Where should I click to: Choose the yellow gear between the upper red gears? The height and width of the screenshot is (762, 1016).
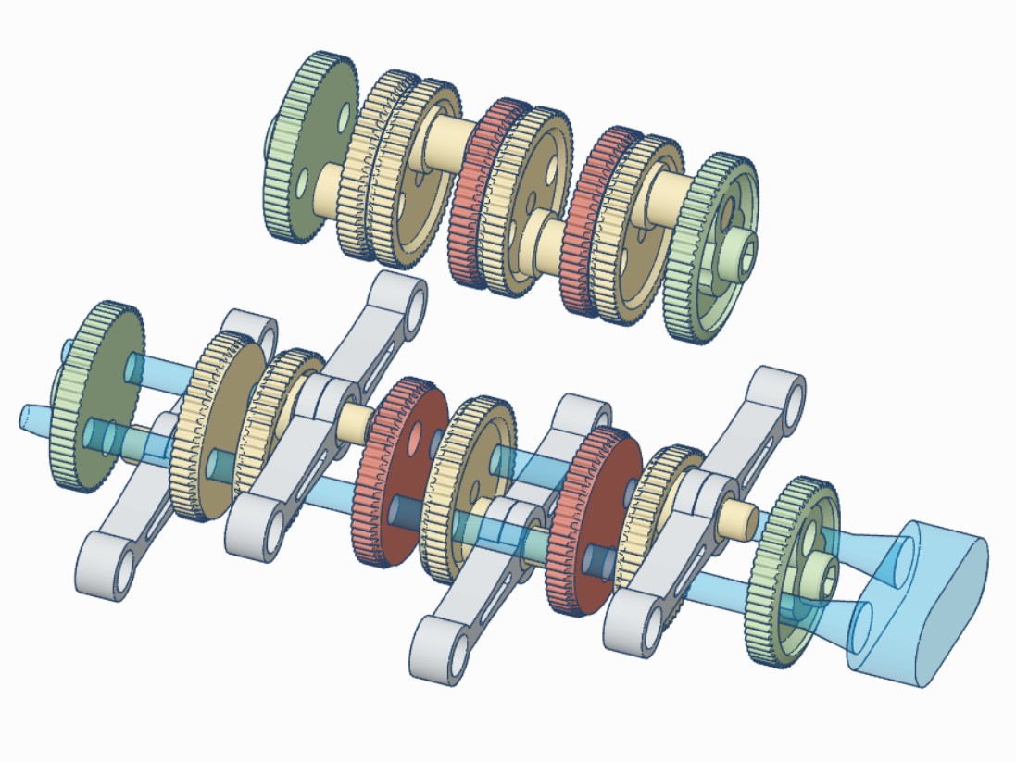537,204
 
